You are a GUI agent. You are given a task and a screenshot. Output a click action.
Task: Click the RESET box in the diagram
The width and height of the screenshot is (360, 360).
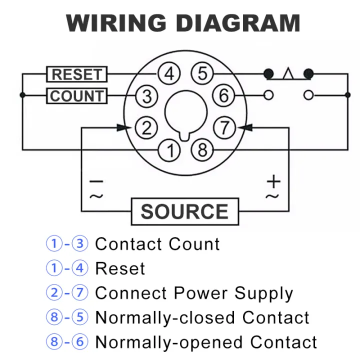tap(76, 74)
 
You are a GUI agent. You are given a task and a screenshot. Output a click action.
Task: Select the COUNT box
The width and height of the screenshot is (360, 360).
tap(76, 96)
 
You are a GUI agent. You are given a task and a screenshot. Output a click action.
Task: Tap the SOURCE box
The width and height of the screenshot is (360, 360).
tap(184, 211)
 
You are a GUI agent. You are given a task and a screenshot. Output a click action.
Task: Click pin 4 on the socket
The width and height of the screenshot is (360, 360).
tap(169, 74)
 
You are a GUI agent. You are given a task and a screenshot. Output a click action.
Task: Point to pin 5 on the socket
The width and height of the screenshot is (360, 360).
tap(202, 74)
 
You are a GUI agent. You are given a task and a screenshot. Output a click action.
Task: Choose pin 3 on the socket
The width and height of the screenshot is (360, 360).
tap(146, 96)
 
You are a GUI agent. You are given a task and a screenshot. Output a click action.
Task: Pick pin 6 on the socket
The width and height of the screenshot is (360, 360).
tap(224, 95)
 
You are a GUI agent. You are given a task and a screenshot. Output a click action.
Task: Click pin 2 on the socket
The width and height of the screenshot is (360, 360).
tap(146, 128)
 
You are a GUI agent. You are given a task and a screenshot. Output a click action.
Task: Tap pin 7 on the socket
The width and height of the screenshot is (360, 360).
tap(224, 128)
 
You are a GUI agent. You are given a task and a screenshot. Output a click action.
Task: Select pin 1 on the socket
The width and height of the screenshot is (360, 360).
tap(169, 150)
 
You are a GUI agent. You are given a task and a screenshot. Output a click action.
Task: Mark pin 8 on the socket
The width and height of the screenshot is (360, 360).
tap(202, 150)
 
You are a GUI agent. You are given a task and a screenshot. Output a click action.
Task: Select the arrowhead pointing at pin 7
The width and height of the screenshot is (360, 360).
tap(245, 128)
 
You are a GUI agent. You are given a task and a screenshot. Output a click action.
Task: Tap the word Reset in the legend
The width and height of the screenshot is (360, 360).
tap(120, 268)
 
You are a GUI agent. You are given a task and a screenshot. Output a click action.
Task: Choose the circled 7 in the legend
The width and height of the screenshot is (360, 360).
tap(79, 293)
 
